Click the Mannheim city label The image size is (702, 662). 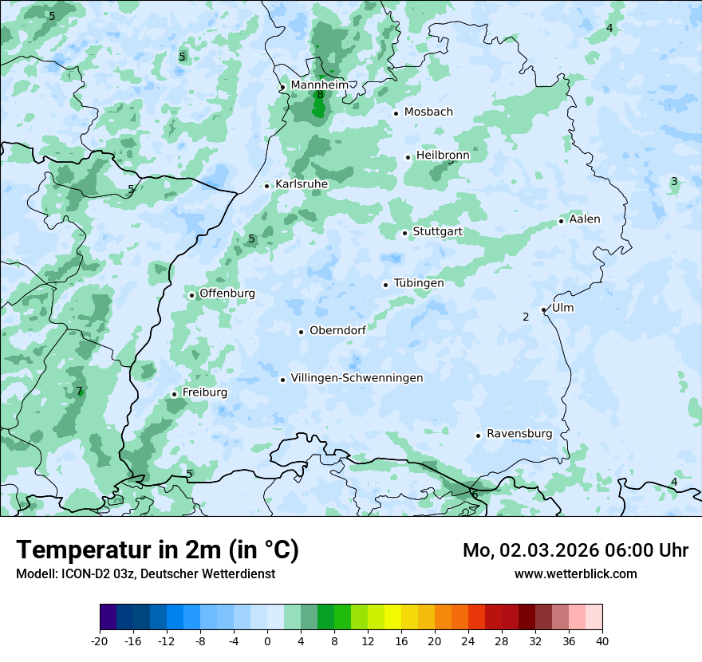(x=319, y=85)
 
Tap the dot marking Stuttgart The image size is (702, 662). (x=405, y=233)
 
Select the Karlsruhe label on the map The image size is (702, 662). (x=302, y=184)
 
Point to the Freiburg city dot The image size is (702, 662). (x=174, y=394)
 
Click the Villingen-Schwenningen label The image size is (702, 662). (x=357, y=378)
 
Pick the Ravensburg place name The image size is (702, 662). (x=519, y=434)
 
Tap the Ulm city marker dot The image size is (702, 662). (x=544, y=309)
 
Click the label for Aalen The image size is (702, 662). (x=585, y=219)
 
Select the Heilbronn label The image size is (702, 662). (x=443, y=156)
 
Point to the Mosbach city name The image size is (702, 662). (x=428, y=112)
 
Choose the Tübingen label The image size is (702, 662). (x=419, y=283)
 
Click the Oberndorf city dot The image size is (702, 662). (x=301, y=332)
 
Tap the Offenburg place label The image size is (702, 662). (x=227, y=294)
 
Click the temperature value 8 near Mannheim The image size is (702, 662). (x=320, y=95)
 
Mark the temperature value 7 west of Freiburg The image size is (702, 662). (x=79, y=391)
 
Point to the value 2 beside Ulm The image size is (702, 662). (x=526, y=317)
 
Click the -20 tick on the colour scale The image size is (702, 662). (x=100, y=640)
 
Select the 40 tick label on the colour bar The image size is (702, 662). (x=602, y=640)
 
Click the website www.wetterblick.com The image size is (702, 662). (x=576, y=573)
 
